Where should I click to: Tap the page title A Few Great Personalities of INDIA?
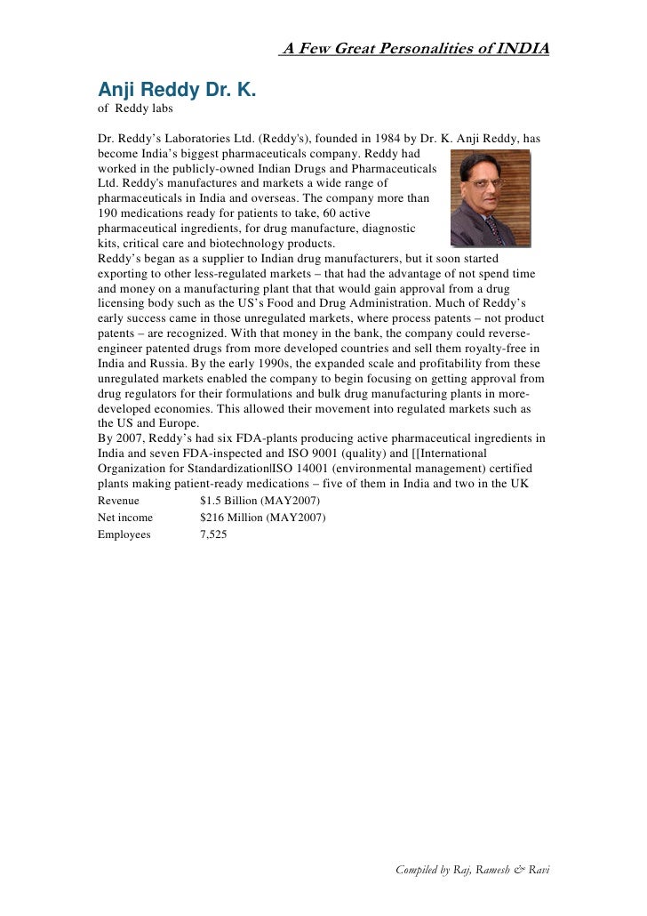(415, 47)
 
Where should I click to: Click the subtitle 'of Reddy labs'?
(135, 109)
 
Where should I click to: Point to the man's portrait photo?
(490, 197)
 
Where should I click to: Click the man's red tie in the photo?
(491, 231)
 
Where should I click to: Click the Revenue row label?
(118, 501)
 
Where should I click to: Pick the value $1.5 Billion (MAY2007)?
(254, 501)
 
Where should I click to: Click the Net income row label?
(125, 518)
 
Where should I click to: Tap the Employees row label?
(124, 534)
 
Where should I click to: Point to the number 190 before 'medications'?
(108, 214)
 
